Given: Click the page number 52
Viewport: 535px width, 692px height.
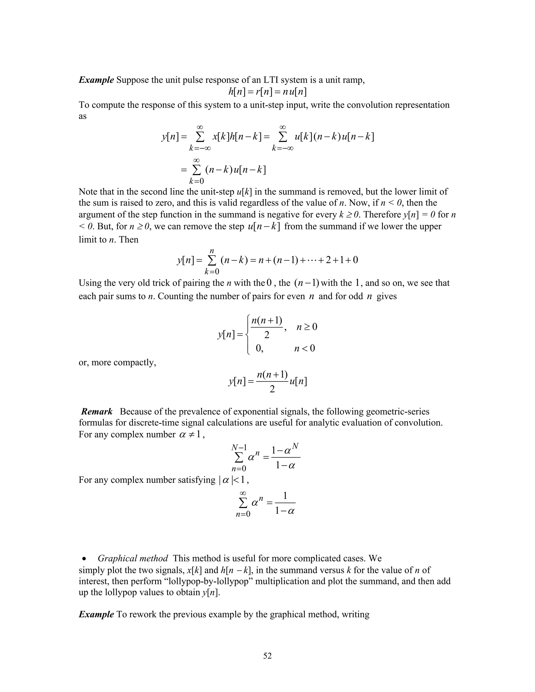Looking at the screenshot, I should tap(267, 655).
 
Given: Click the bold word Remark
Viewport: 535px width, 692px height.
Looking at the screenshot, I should tap(97, 412).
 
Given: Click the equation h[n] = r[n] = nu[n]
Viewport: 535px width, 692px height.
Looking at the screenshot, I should tap(267, 92).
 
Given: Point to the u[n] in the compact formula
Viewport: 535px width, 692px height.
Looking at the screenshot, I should tap(298, 382).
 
